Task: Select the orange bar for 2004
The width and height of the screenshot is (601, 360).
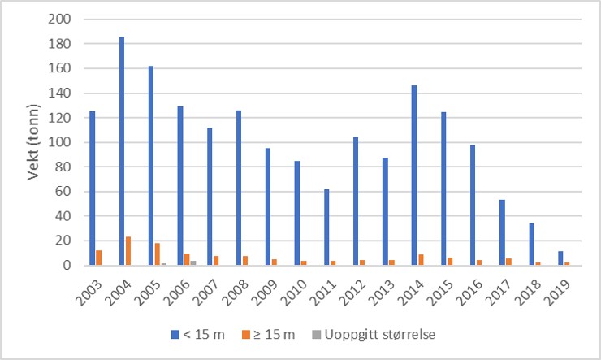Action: point(128,251)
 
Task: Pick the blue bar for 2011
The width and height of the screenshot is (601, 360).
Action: point(326,228)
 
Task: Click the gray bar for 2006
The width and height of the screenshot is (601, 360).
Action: point(193,263)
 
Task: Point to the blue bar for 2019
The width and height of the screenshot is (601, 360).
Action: point(560,258)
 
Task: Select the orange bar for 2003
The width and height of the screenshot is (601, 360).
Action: point(99,258)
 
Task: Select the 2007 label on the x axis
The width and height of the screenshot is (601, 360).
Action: point(204,286)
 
